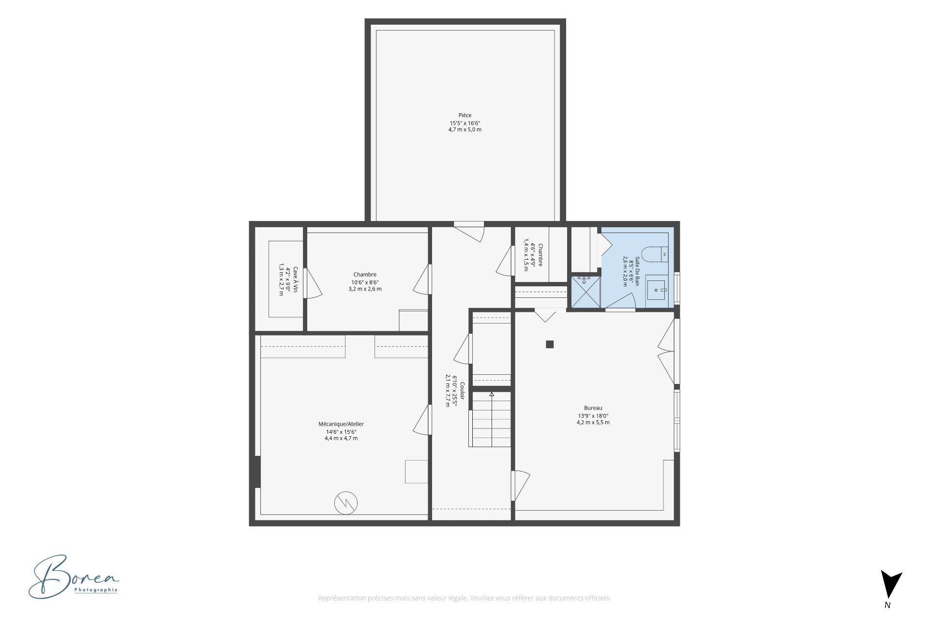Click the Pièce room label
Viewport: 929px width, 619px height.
tap(465, 115)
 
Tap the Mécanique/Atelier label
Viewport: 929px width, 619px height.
tap(341, 424)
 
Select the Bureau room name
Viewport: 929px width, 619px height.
tap(593, 408)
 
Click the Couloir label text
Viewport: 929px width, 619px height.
tap(462, 391)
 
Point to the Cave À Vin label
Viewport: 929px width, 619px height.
tap(295, 280)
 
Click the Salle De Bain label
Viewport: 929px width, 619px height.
tap(637, 271)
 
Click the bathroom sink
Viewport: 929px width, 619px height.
tap(656, 290)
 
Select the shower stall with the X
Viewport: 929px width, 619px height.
tap(586, 292)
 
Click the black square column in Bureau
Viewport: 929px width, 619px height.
tap(550, 344)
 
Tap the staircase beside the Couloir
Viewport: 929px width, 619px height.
tap(490, 419)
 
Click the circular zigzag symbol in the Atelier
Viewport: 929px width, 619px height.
tap(346, 503)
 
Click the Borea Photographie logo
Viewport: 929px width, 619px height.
tap(74, 577)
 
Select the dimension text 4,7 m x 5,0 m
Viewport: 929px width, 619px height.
tap(465, 130)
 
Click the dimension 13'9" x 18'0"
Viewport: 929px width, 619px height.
tap(593, 416)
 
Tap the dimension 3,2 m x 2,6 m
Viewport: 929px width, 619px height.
tap(365, 289)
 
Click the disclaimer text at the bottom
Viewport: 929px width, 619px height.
tap(464, 598)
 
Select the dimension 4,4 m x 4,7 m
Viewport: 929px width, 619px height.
tap(341, 439)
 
